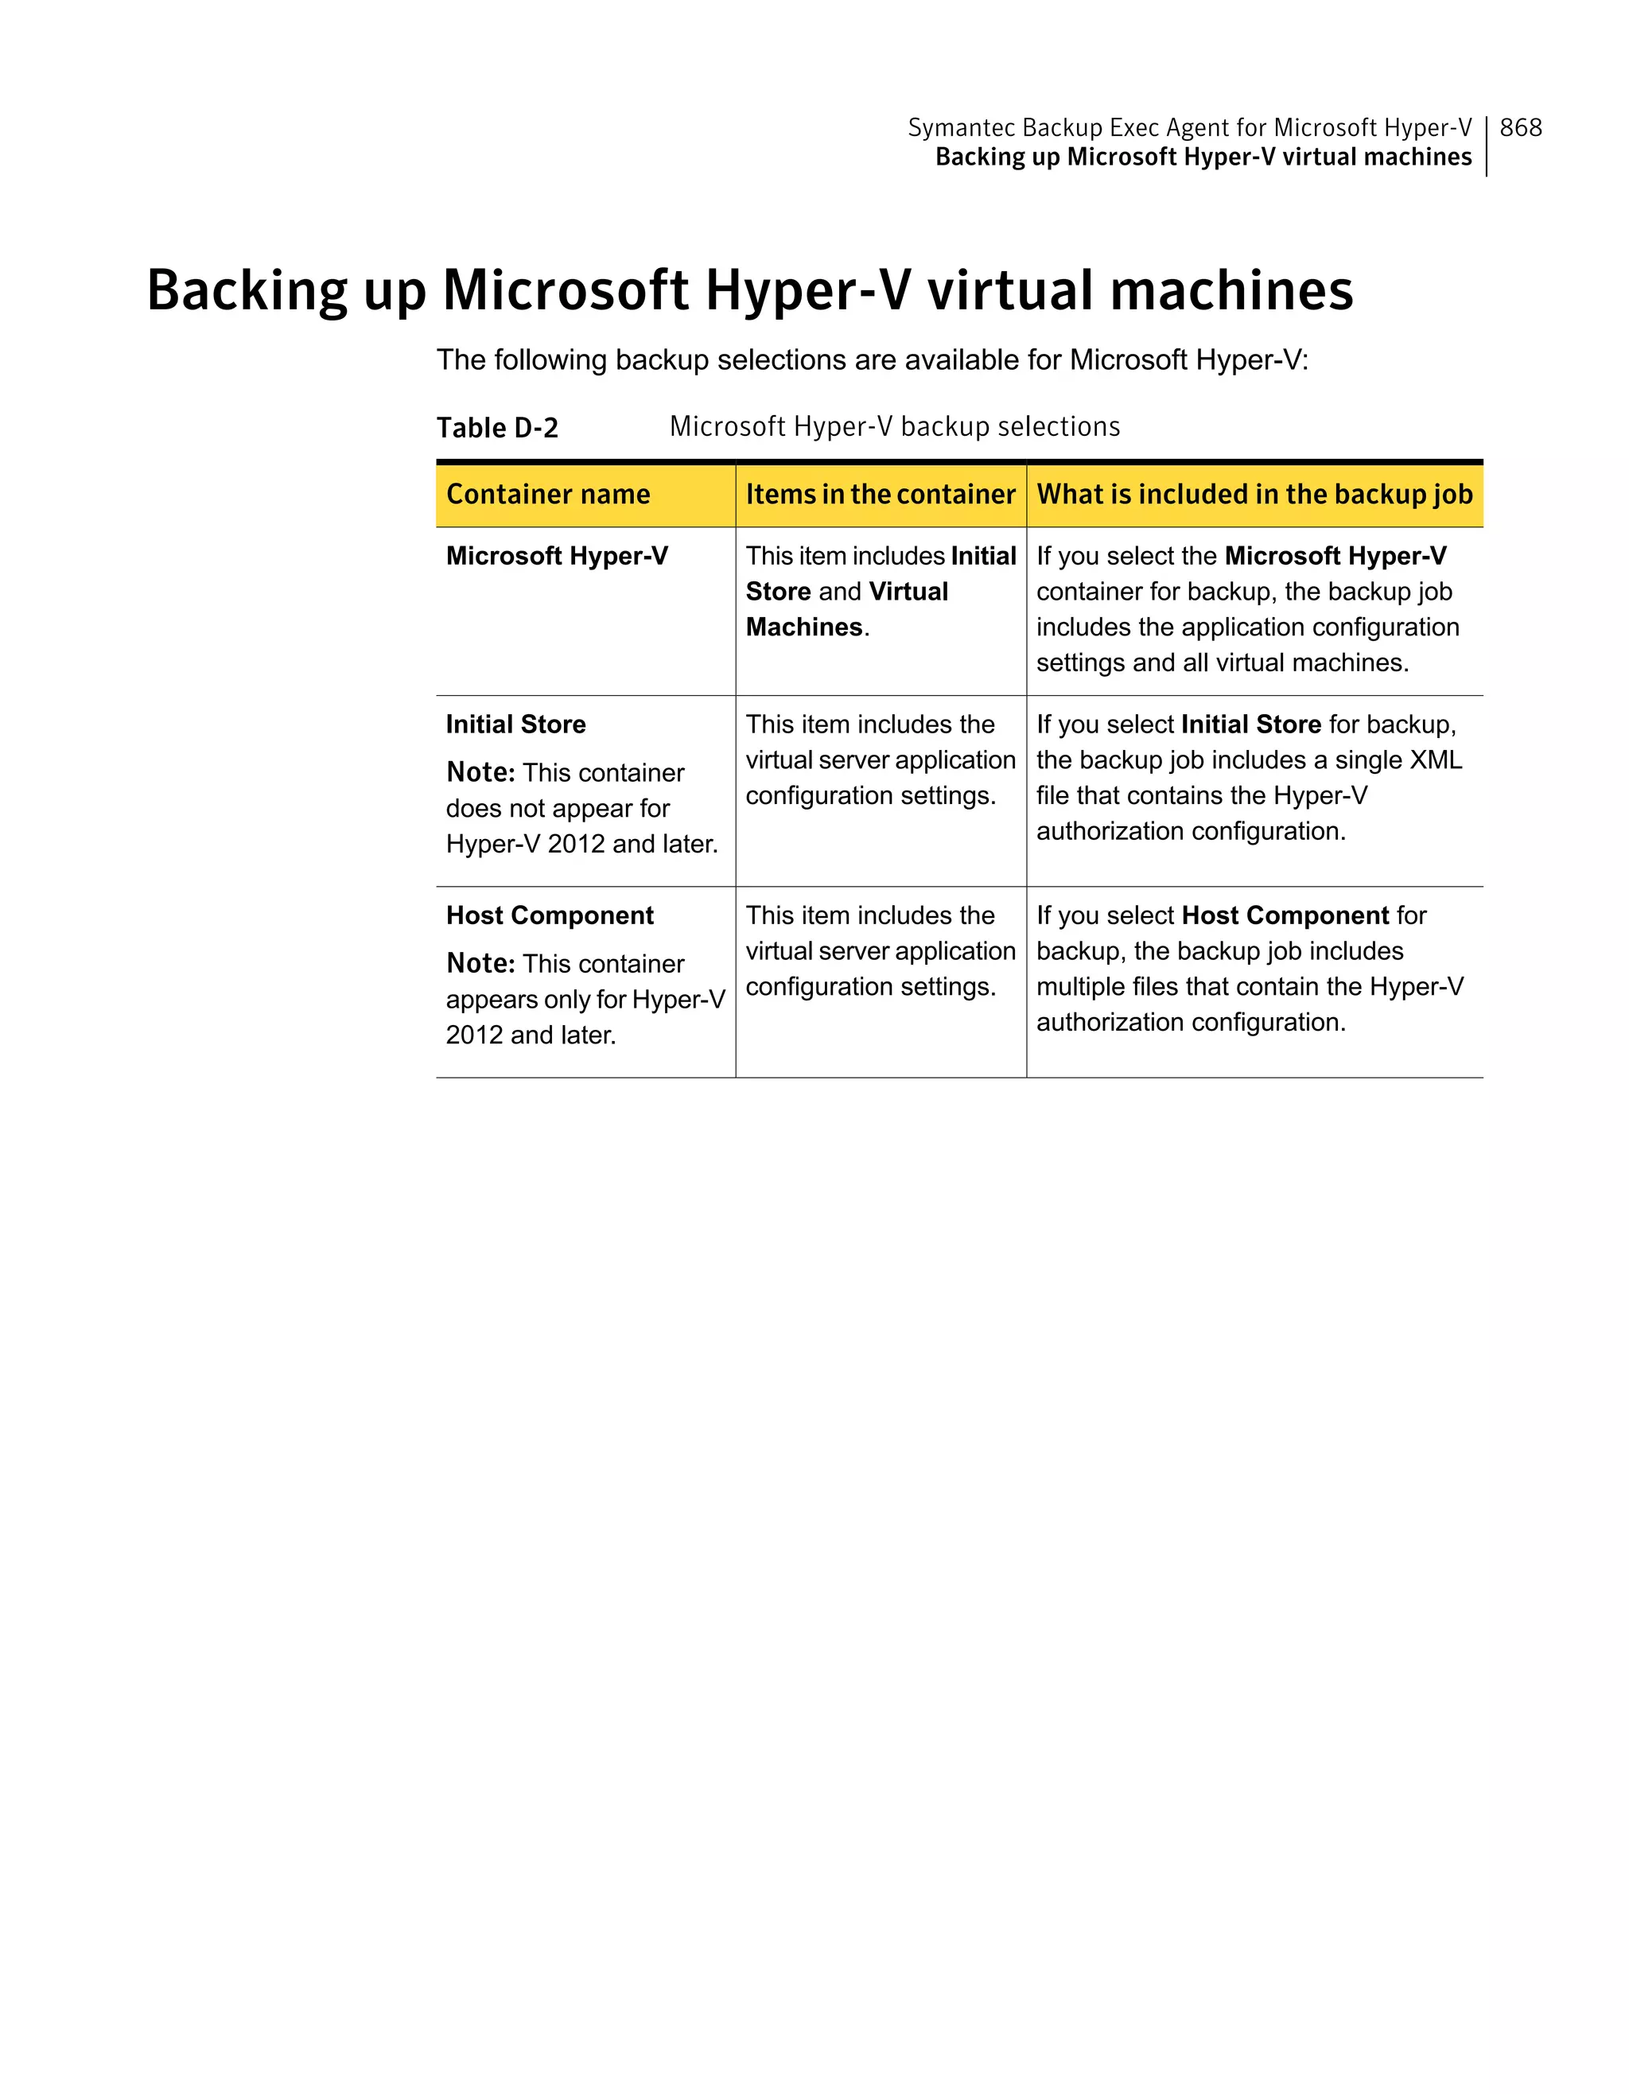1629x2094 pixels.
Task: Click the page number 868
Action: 1521,127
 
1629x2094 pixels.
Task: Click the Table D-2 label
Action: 496,428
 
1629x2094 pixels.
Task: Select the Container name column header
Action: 547,495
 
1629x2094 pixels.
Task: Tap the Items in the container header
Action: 881,495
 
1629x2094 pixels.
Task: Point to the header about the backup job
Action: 1254,495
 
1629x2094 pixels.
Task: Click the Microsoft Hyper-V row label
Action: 557,556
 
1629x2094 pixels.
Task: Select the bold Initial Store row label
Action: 516,724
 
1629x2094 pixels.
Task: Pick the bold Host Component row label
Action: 550,915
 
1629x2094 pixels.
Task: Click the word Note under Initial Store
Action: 480,773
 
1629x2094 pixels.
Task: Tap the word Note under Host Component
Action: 480,964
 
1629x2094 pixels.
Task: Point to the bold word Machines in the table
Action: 803,627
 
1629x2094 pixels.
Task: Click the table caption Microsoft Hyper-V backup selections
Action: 895,426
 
